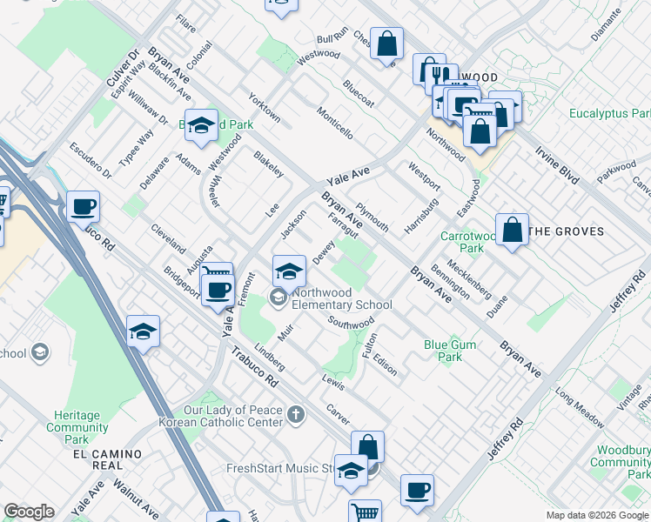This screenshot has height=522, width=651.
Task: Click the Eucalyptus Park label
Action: (x=609, y=114)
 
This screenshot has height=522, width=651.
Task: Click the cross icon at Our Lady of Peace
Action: (x=296, y=414)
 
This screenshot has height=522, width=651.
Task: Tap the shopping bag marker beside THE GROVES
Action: (x=513, y=231)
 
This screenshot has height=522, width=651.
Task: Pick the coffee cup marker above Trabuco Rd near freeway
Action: (x=84, y=207)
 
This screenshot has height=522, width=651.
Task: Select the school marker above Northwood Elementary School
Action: (x=289, y=271)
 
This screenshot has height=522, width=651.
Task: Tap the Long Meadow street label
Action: (x=580, y=411)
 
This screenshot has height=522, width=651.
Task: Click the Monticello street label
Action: (x=335, y=124)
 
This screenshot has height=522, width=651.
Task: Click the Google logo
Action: (x=29, y=512)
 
